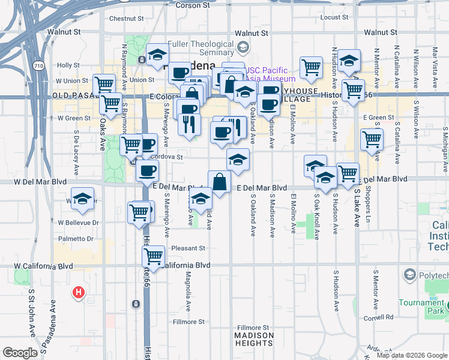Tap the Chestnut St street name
(x=124, y=19)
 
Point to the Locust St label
(x=335, y=17)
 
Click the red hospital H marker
(x=78, y=293)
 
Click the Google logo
(x=20, y=352)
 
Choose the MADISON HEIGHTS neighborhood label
(x=254, y=339)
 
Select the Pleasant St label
(x=188, y=248)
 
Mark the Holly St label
(x=68, y=65)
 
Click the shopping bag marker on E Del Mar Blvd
(x=219, y=182)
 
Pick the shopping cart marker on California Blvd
(x=153, y=256)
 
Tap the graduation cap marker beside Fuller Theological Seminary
(x=157, y=56)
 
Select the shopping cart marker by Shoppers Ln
(x=372, y=139)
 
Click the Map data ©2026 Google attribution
(x=412, y=355)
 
